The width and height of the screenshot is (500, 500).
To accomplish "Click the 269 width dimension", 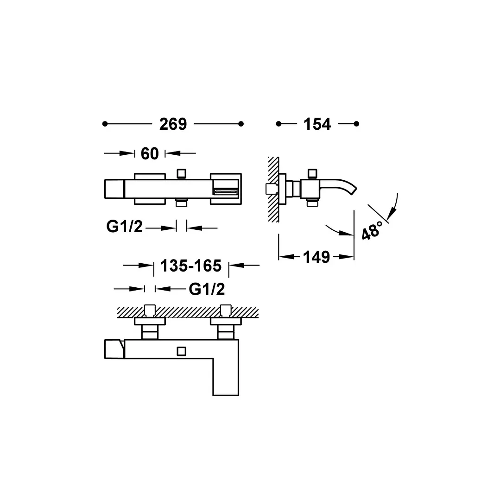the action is click(173, 124).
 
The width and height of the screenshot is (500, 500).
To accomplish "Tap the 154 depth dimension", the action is click(317, 124).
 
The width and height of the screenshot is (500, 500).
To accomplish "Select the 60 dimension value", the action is click(150, 154).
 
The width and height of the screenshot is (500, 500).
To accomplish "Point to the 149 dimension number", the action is click(316, 257).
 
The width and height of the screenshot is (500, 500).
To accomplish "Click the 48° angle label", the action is click(372, 230).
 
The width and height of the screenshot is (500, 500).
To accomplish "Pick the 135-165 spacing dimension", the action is click(191, 266).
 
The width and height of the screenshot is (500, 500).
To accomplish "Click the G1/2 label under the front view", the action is click(124, 227).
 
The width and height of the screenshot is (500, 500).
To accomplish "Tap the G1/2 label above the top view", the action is click(207, 289).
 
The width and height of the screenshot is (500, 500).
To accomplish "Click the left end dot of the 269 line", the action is click(105, 124).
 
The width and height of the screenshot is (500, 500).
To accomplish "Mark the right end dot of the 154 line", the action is click(356, 124).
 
